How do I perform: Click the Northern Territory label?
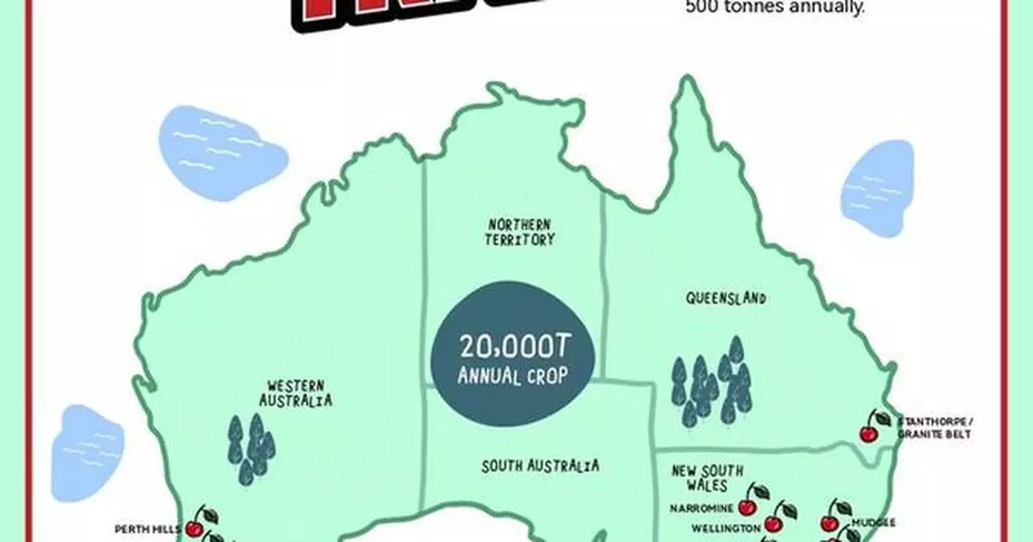(520, 231)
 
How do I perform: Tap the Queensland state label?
(726, 298)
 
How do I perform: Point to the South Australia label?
(540, 466)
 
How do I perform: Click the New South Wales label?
(708, 477)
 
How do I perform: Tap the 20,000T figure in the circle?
(515, 348)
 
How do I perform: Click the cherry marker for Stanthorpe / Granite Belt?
(874, 426)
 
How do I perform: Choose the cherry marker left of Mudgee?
(833, 515)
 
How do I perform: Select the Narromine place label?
(702, 508)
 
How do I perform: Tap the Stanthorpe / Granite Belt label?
(933, 427)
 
